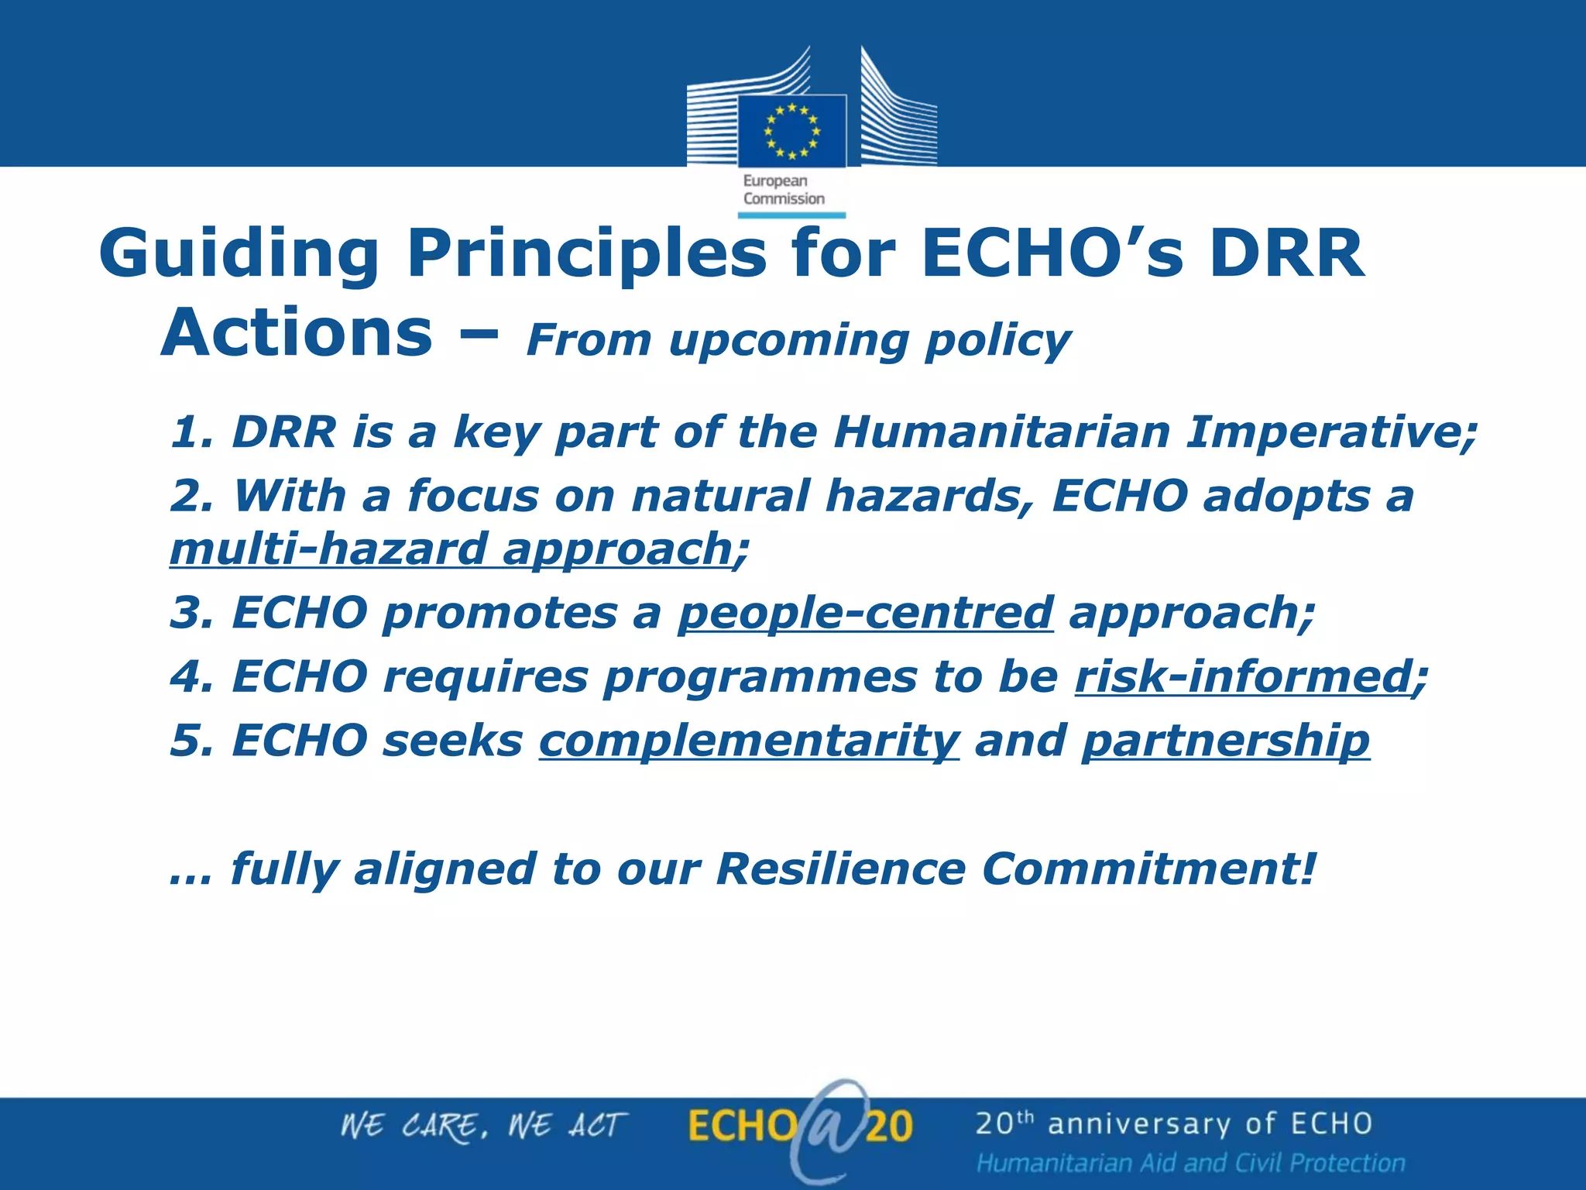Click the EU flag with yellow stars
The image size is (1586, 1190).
[791, 131]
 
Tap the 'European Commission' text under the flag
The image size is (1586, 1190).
[783, 190]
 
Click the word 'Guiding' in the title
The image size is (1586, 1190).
[239, 254]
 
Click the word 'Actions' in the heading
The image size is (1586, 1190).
[297, 333]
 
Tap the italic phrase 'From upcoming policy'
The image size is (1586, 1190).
[798, 340]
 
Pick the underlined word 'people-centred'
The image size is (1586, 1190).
[865, 613]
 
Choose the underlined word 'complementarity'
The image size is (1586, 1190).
[749, 741]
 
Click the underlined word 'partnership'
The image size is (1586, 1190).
[1225, 741]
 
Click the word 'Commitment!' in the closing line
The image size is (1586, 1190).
[1148, 868]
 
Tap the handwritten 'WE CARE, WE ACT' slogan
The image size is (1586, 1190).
[483, 1126]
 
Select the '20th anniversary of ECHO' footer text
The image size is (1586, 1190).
[1173, 1124]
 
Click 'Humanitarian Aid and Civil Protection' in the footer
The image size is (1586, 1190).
[1190, 1163]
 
